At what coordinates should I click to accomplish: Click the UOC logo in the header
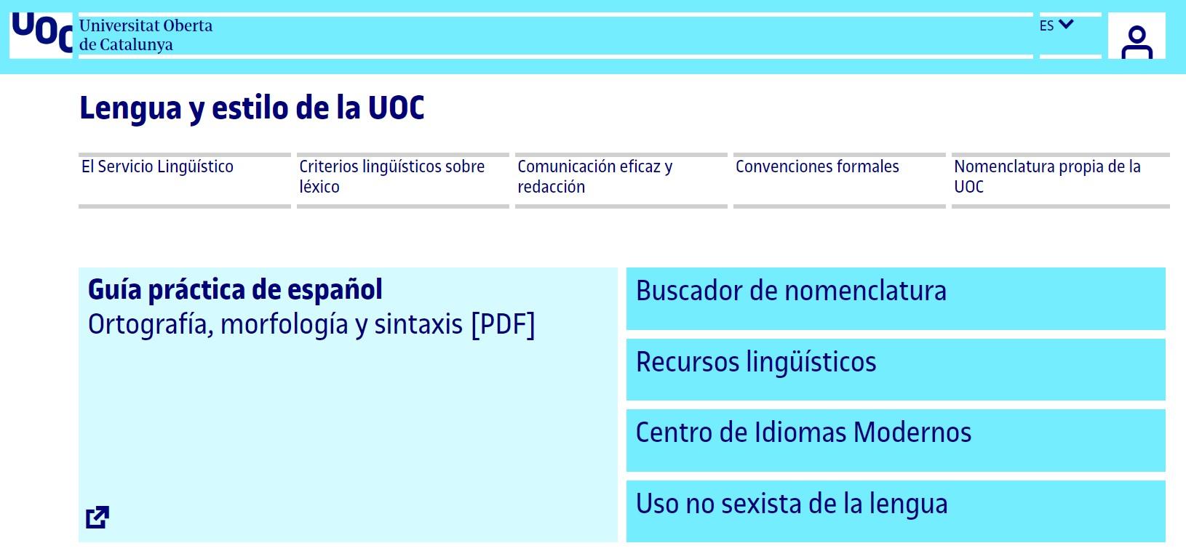point(41,33)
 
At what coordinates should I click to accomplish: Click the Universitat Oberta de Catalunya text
point(146,35)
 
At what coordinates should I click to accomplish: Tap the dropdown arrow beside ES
point(1067,25)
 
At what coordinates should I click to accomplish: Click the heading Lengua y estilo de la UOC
point(252,108)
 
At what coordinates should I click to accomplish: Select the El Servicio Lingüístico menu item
point(157,167)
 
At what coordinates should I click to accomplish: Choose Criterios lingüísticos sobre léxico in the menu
point(391,177)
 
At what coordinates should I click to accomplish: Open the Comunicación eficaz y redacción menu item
point(594,177)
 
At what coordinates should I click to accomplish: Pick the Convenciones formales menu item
point(817,167)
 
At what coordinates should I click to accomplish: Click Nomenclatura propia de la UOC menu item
point(1047,177)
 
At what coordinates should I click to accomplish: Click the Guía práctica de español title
point(235,289)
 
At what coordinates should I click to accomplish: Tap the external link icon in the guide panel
point(97,517)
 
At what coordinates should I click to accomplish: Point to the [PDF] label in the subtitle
point(503,324)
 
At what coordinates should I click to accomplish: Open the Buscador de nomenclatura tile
point(895,298)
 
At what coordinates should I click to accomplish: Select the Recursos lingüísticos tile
point(895,369)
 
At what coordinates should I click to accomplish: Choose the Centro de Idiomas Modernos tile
point(895,439)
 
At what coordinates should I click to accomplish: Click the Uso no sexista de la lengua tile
point(895,510)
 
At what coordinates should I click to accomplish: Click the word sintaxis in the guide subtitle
point(418,324)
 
